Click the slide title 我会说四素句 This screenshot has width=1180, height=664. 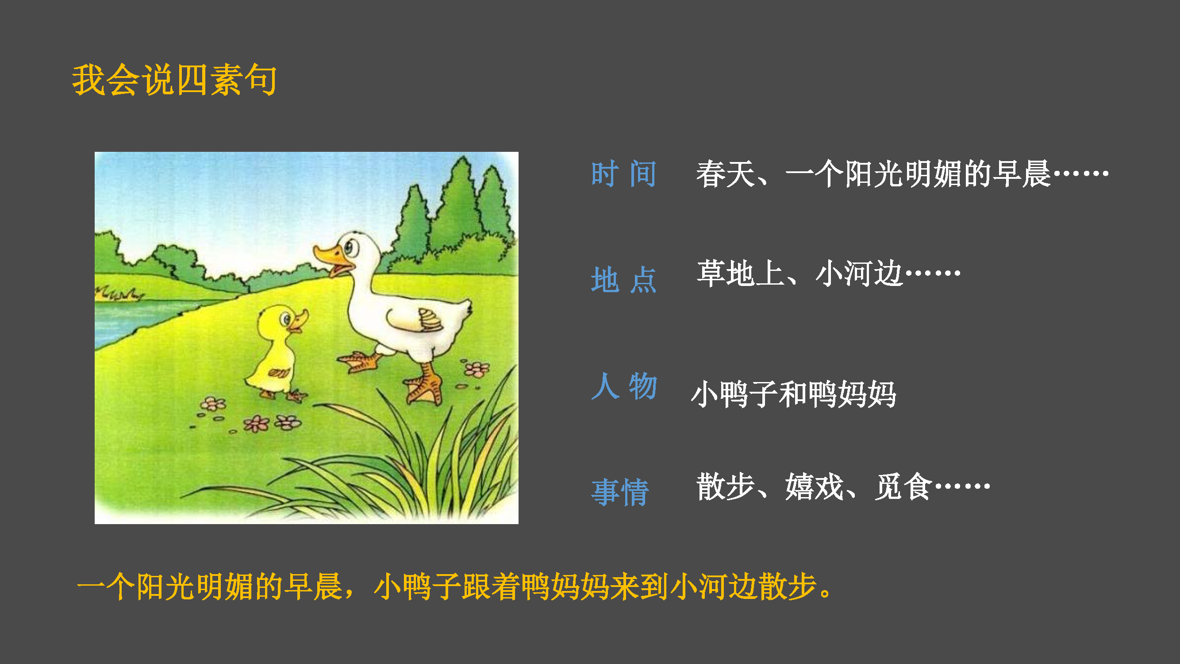tap(174, 80)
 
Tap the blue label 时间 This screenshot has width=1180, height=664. tap(624, 174)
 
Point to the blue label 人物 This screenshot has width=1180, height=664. tap(624, 386)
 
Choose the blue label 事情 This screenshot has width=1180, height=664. tap(620, 492)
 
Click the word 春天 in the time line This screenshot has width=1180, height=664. tap(726, 174)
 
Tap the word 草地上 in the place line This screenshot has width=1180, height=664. tap(741, 274)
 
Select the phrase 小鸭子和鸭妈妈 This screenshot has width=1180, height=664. tap(794, 394)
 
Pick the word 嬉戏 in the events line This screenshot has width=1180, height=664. tap(814, 486)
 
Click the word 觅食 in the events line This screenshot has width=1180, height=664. tap(903, 486)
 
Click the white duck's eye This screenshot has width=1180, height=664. tap(350, 248)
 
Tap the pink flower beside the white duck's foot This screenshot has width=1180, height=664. tap(477, 369)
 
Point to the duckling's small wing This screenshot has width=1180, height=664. tap(278, 373)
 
